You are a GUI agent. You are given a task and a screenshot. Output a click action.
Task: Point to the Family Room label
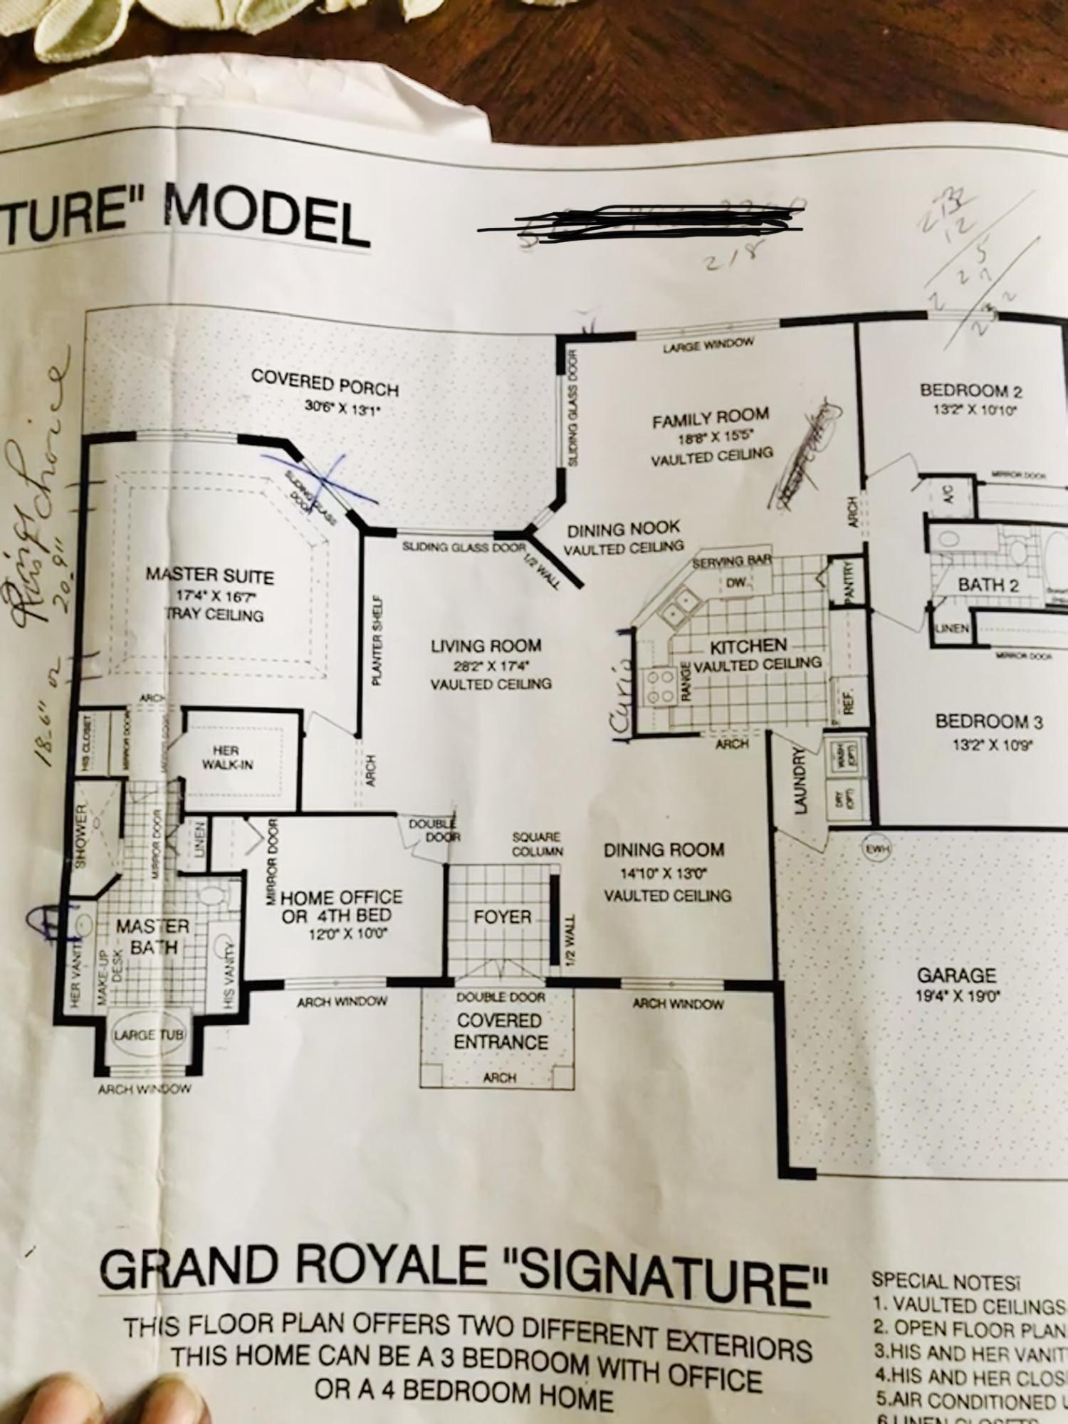click(711, 419)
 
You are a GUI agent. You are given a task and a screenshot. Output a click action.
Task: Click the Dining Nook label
click(624, 530)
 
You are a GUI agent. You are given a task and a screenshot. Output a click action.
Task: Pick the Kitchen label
click(748, 646)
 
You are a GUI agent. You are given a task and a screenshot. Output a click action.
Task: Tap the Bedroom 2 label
click(971, 390)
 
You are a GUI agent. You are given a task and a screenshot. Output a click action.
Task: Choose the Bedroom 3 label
click(989, 721)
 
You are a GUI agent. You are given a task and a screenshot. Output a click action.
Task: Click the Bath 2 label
click(988, 586)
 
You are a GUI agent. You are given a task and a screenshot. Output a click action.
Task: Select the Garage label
click(956, 975)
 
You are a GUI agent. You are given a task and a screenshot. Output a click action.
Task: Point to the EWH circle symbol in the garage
click(878, 849)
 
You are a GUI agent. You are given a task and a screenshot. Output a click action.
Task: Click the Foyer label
click(503, 916)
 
